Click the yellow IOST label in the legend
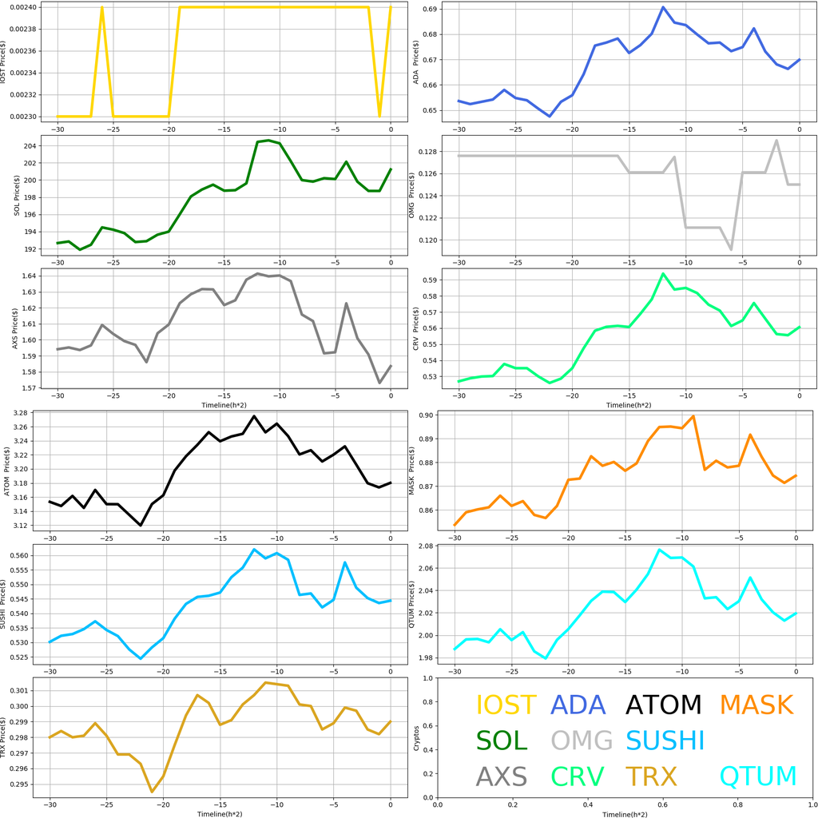[x=506, y=705]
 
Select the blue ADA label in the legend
[x=578, y=705]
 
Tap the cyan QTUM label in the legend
[x=758, y=776]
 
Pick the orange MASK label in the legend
[x=756, y=705]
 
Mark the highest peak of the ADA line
[x=663, y=7]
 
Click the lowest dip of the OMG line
[x=731, y=249]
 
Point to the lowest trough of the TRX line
[x=152, y=792]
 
